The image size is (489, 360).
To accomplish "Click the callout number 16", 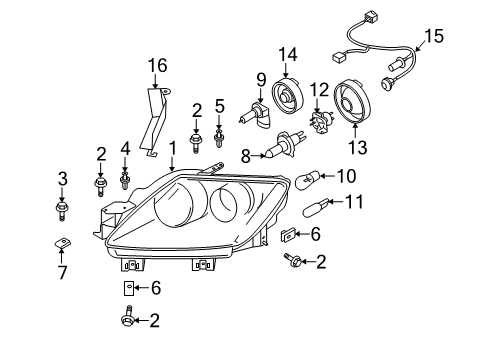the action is [158, 66].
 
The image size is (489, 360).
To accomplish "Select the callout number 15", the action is [434, 36].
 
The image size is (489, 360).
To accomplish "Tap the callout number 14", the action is [288, 54].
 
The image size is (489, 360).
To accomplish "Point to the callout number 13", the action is [358, 147].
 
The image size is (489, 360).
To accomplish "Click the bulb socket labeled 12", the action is [320, 123].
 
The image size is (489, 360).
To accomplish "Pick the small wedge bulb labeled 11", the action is [316, 208].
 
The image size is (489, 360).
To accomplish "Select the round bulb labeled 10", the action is [308, 179].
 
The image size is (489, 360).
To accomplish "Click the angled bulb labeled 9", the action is [257, 116].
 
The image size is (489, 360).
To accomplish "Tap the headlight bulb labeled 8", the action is [285, 145].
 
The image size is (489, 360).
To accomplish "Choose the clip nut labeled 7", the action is [62, 243].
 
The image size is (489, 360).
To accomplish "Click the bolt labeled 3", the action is [62, 210].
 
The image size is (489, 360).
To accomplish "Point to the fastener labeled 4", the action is [125, 180].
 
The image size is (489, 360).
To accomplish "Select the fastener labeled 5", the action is [219, 138].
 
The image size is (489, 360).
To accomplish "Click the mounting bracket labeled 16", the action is [154, 122].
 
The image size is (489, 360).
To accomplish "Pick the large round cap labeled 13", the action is [352, 101].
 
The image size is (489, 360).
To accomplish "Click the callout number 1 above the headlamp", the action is [173, 148].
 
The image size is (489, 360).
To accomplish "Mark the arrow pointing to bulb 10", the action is [327, 176].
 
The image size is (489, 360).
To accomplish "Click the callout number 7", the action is [63, 273].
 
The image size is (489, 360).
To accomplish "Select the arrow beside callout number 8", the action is [258, 155].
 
